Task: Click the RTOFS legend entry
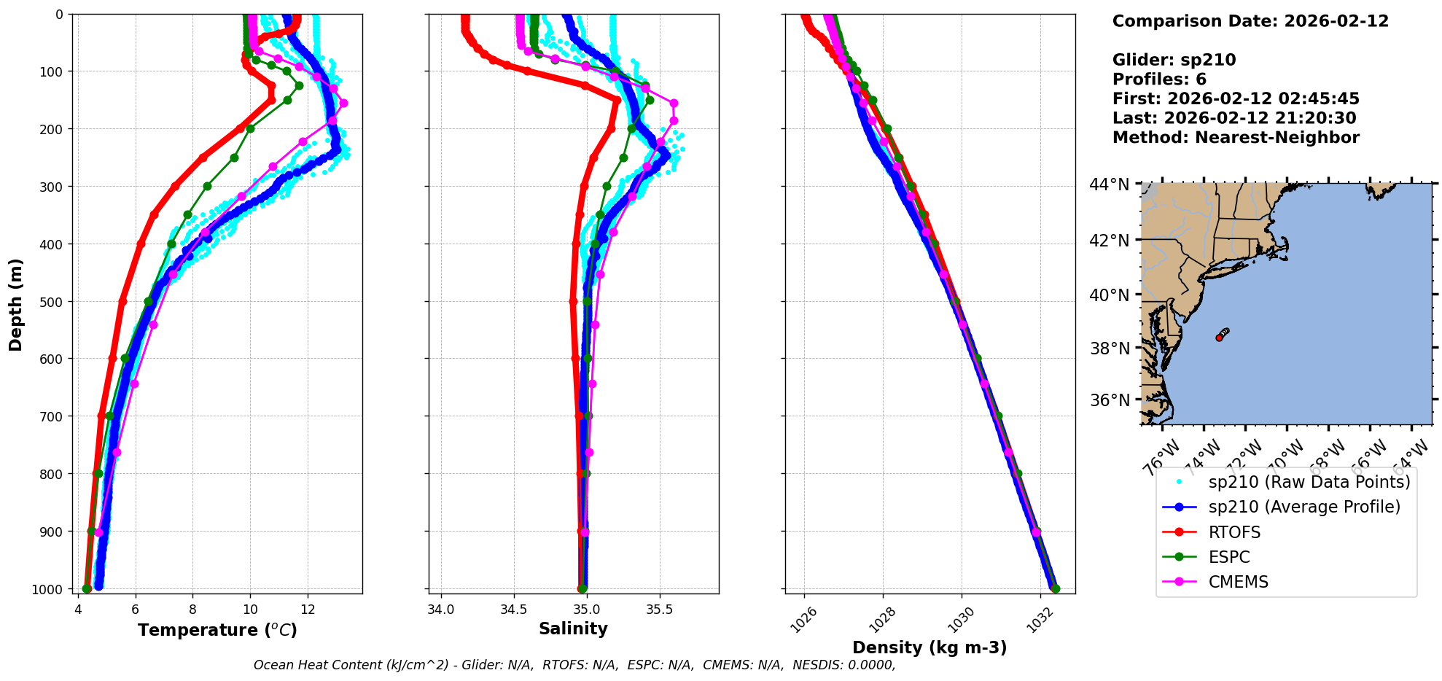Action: pos(1234,532)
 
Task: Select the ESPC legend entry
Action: pos(1229,557)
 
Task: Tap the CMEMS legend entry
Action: pos(1238,582)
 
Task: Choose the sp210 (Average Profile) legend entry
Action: pos(1304,507)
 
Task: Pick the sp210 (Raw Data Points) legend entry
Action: pos(1309,482)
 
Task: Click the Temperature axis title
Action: pos(217,630)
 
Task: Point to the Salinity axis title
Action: pos(573,629)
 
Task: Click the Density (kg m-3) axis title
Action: pos(929,647)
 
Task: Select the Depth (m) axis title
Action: pos(16,304)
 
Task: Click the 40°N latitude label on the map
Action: pos(1110,295)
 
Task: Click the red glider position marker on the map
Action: pos(1219,338)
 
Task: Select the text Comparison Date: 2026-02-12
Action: pos(1250,21)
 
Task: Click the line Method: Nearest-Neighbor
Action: pos(1236,138)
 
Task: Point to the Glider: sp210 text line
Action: pos(1174,60)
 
